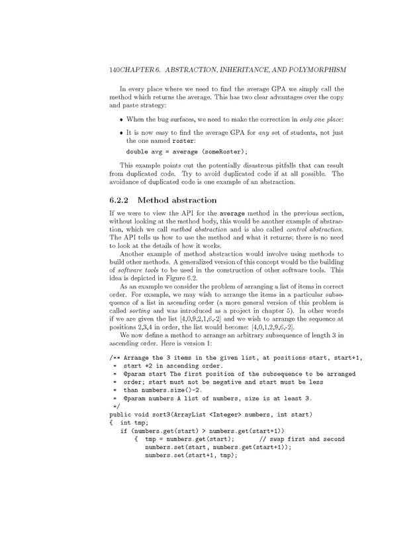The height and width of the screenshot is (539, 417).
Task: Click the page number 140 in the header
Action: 100,69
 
